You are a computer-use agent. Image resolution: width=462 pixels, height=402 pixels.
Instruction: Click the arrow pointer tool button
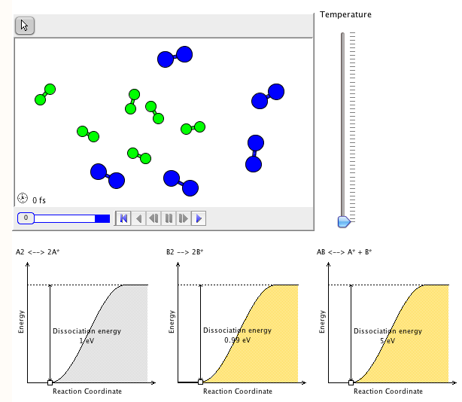[25, 26]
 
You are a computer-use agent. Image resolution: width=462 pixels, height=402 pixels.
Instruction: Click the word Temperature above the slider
[345, 14]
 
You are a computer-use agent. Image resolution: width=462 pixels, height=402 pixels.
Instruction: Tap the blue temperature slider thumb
[344, 221]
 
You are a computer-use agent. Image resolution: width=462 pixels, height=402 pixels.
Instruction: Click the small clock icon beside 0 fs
[23, 199]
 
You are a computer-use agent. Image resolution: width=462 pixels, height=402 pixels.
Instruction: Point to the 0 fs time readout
[39, 200]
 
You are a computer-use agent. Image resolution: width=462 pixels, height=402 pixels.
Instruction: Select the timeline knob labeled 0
[26, 218]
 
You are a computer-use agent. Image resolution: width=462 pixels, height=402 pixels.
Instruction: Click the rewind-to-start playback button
[123, 218]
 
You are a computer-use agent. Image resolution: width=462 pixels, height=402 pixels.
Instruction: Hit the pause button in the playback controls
[169, 218]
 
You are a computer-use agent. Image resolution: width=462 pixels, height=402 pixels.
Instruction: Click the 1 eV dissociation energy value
[86, 340]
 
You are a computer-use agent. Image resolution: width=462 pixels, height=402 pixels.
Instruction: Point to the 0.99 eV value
[237, 340]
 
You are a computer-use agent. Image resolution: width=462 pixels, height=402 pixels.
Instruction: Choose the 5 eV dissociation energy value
[388, 340]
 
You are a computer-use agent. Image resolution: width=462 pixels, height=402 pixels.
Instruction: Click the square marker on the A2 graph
[50, 382]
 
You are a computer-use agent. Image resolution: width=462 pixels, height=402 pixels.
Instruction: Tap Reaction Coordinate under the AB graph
[388, 391]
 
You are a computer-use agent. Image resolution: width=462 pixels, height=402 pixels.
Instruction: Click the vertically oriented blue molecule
[254, 153]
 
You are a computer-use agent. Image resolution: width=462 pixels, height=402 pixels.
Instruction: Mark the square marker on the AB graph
[351, 382]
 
